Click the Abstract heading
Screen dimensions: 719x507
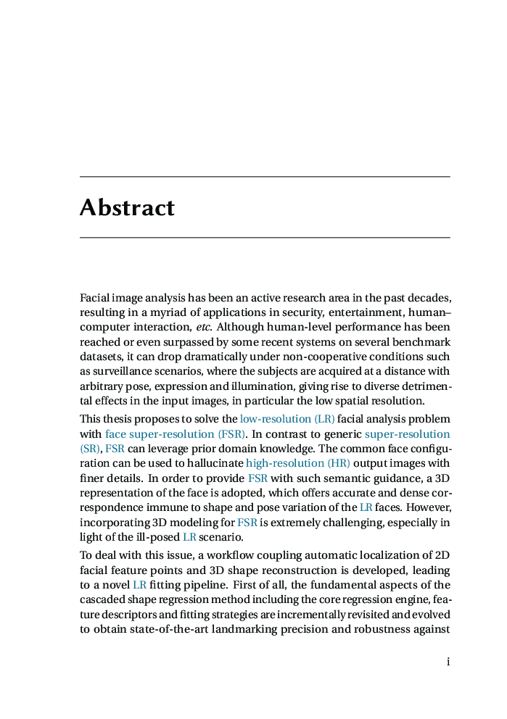pos(127,208)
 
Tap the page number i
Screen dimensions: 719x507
pos(448,662)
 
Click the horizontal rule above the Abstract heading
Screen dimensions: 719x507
pos(265,177)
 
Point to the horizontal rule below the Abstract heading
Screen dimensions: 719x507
pos(265,237)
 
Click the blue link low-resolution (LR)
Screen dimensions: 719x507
pos(287,419)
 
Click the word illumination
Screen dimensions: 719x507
pos(265,386)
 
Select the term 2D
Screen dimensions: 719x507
pos(442,555)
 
